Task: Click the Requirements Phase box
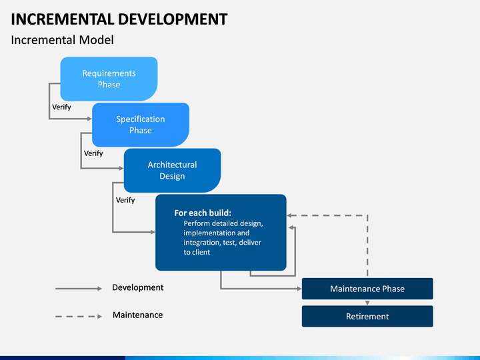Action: click(x=109, y=79)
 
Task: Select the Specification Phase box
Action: click(x=141, y=125)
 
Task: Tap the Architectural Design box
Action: click(x=173, y=171)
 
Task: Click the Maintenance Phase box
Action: click(x=367, y=289)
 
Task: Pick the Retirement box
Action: click(x=367, y=316)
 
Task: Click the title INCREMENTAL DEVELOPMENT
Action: click(x=119, y=19)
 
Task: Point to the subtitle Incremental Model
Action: click(x=63, y=40)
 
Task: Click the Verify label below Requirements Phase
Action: click(x=61, y=107)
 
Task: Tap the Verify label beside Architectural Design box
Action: click(x=93, y=153)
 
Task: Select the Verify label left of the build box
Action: click(x=125, y=200)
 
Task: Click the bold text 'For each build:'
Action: click(x=203, y=213)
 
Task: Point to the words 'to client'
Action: click(x=197, y=252)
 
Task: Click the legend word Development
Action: click(x=138, y=287)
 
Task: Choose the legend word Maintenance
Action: click(x=138, y=315)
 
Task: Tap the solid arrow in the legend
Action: click(x=79, y=289)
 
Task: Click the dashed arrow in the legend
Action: click(x=79, y=316)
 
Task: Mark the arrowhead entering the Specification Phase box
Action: click(x=90, y=119)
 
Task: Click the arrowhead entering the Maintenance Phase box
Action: click(x=299, y=289)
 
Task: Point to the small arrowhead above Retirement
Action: click(x=367, y=303)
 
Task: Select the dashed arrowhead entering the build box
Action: click(x=289, y=215)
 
